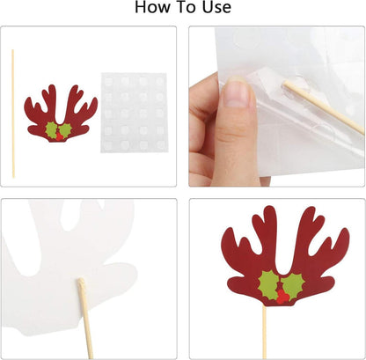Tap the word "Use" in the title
point(216,7)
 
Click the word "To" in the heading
point(184,7)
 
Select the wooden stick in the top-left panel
point(13,114)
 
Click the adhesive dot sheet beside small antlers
point(135,113)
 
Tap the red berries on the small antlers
point(60,136)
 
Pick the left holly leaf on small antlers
point(51,129)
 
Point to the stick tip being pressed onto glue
point(286,84)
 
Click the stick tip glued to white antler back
point(81,283)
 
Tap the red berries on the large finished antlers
point(282,297)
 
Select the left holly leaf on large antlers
point(268,285)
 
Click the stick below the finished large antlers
point(264,333)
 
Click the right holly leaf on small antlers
point(66,129)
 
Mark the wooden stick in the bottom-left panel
point(85,319)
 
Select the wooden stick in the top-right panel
point(324,107)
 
